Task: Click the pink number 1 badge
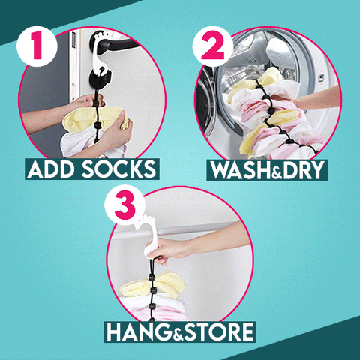click(37, 46)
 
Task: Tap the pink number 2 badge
click(213, 46)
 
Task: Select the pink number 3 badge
click(125, 205)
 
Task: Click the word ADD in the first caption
click(52, 169)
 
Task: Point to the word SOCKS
click(119, 169)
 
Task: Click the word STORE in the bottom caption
click(219, 331)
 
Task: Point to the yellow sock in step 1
click(95, 119)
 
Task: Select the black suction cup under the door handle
click(100, 78)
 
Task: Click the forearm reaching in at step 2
click(317, 98)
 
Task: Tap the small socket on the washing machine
click(321, 78)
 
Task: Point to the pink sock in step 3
click(160, 313)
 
